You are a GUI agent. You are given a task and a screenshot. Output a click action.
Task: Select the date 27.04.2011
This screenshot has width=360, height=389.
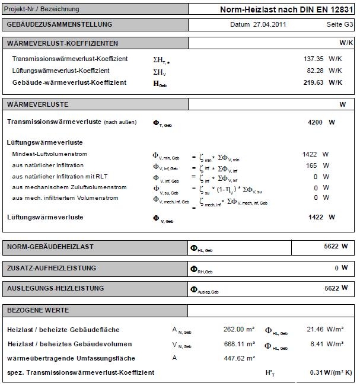[257, 24]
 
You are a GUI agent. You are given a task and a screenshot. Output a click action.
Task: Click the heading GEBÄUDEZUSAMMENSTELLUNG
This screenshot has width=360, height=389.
[59, 24]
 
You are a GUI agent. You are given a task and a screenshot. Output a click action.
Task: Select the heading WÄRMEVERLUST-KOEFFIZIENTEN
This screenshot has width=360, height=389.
[62, 43]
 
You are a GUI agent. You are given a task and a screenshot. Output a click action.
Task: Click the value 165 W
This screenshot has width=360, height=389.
[317, 165]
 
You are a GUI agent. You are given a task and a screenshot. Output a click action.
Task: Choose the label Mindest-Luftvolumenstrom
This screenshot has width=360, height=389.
[50, 154]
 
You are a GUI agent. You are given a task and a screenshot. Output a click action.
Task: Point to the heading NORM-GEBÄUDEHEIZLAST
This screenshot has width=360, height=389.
[50, 246]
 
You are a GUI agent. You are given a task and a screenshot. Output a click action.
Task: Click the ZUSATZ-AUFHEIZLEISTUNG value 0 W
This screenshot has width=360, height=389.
[340, 268]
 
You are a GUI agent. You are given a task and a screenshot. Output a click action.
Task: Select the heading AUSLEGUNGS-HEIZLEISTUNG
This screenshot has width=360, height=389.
[55, 288]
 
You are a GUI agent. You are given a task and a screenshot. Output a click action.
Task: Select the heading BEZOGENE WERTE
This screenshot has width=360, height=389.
[38, 310]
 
